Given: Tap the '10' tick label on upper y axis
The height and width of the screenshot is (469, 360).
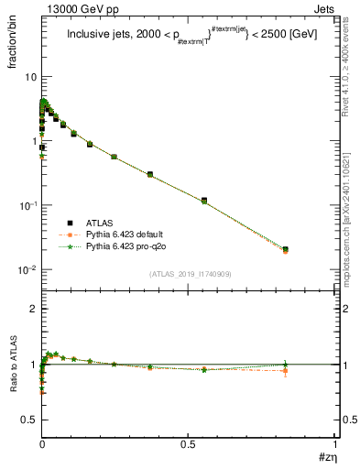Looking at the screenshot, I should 29,77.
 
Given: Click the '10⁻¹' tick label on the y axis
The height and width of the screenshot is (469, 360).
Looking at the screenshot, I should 27,205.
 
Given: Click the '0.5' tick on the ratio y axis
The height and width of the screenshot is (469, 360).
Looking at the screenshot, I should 28,419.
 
